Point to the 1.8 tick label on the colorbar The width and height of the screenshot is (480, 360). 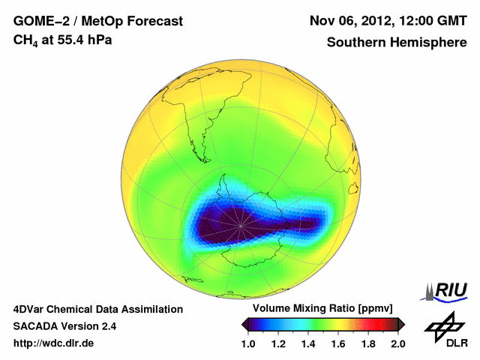(x=367, y=343)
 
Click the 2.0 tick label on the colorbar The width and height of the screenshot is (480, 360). (x=397, y=343)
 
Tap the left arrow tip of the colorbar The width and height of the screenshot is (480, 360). (x=244, y=324)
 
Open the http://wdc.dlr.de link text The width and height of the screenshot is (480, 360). (x=54, y=343)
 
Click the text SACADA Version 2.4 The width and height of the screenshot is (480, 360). (x=64, y=326)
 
